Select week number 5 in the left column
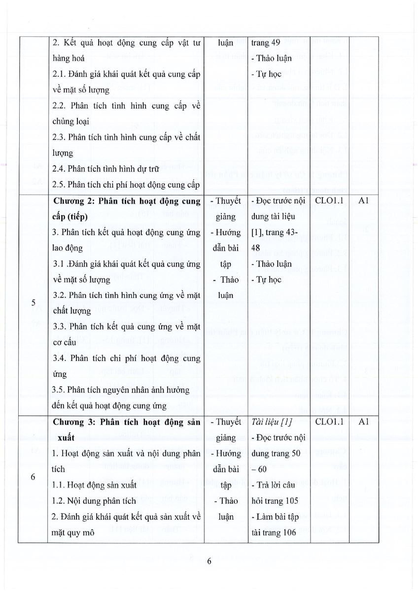pyautogui.click(x=33, y=303)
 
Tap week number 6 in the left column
pyautogui.click(x=33, y=477)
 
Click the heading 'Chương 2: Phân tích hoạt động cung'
pyautogui.click(x=127, y=201)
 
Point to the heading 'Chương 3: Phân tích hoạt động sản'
pyautogui.click(x=127, y=422)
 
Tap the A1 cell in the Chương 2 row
pyautogui.click(x=364, y=201)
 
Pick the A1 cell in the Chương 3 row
pyautogui.click(x=364, y=422)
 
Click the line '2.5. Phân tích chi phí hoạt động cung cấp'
pyautogui.click(x=126, y=185)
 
